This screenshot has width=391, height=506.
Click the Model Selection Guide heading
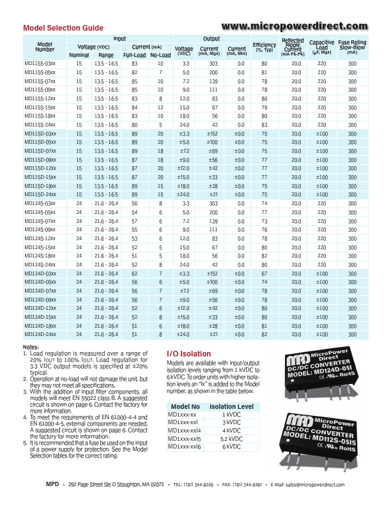63,28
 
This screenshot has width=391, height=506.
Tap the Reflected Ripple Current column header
292,47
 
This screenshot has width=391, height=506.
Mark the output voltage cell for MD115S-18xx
186,116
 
